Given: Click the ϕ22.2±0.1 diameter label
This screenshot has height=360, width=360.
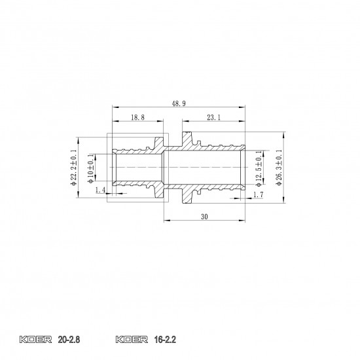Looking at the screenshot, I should point(73,168).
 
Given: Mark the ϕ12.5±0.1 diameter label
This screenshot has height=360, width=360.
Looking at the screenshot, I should point(259,169).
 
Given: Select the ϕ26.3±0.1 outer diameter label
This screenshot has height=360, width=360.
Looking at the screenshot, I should point(279,168).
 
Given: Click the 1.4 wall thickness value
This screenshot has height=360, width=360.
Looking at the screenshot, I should point(100,190).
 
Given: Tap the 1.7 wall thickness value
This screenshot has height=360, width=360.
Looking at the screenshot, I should point(257,195).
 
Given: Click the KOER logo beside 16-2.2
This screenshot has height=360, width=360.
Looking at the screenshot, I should point(130,340).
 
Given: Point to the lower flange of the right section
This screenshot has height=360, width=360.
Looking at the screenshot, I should point(189,196).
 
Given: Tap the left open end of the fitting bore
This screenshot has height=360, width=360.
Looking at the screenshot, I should point(113,169).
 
